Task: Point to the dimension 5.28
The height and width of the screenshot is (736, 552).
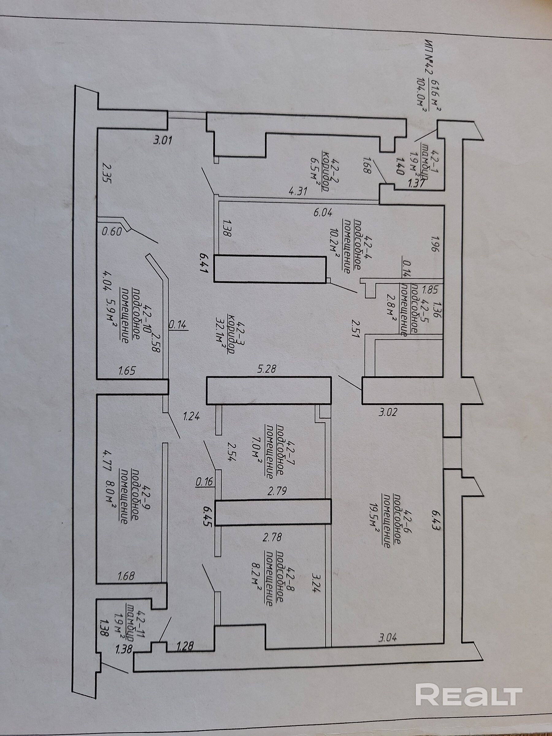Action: coord(266,369)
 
